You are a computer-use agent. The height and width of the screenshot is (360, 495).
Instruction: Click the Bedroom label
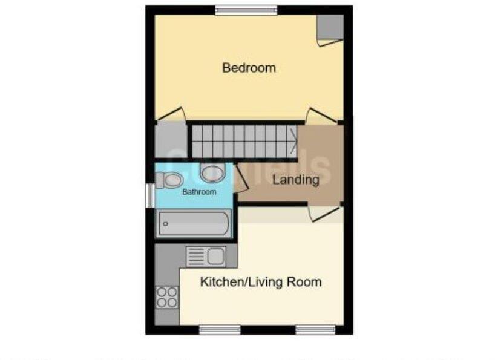pos(249,68)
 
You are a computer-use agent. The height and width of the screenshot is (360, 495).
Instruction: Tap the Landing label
pos(295,180)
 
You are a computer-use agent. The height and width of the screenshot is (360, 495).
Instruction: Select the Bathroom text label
pos(199,192)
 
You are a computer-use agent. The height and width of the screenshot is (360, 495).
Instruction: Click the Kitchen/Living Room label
pos(261,282)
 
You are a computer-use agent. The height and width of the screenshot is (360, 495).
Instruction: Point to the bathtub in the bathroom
pos(194,223)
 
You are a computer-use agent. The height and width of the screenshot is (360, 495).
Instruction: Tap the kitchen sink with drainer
pos(206,257)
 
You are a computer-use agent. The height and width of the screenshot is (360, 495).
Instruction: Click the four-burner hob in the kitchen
pos(167,296)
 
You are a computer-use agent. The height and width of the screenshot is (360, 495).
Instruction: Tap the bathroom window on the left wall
pos(149,195)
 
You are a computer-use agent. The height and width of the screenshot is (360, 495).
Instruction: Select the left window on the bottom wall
pos(216,330)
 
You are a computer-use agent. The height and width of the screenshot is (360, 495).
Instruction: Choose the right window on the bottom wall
pos(315,330)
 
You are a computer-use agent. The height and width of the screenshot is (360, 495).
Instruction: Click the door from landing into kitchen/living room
pos(324,212)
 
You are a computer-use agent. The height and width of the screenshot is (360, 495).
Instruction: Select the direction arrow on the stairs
pos(293,142)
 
